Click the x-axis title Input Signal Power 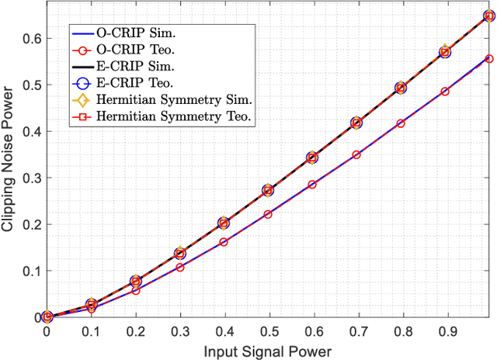click(268, 351)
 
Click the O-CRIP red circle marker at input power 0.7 click(356, 155)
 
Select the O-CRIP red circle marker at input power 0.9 click(445, 92)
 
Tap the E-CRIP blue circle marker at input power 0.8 click(401, 88)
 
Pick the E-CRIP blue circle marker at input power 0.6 click(312, 157)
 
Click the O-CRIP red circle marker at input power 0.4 click(224, 242)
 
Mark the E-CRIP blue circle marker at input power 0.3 click(179, 254)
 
